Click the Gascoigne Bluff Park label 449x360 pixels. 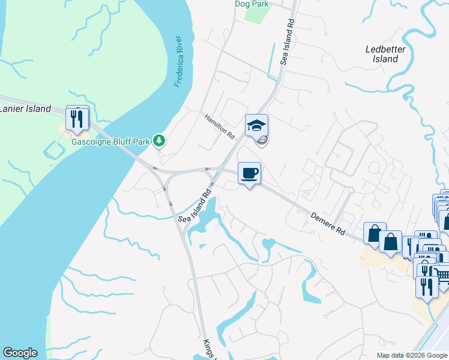pos(110,142)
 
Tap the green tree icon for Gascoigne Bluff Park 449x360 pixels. pos(159,141)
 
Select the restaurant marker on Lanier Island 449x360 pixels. pos(77,118)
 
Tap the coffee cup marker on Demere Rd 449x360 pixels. pos(250,174)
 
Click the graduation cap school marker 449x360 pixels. pos(256,126)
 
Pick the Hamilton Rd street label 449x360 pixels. pos(219,127)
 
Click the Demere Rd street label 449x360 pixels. pos(328,223)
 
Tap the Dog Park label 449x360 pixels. pos(252,4)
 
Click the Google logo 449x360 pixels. pos(20,353)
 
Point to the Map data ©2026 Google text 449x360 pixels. pos(411,355)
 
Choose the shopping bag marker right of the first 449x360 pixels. pos(391,243)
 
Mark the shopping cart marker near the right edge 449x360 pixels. pos(443,277)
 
